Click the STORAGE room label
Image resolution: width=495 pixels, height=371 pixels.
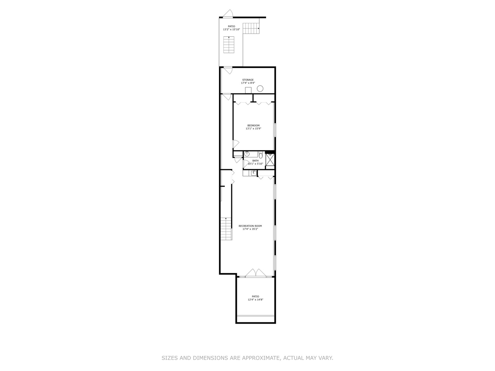pyautogui.click(x=248, y=80)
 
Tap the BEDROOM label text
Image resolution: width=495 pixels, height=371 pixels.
pyautogui.click(x=253, y=125)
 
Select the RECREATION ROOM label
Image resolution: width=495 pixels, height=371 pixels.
pyautogui.click(x=250, y=226)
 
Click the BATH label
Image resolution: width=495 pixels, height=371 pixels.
pyautogui.click(x=255, y=160)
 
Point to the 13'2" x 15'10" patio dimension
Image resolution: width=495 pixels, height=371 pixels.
pyautogui.click(x=231, y=30)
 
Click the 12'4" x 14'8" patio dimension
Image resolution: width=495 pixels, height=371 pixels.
pyautogui.click(x=255, y=300)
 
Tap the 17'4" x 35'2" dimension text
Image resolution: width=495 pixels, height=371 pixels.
pyautogui.click(x=250, y=229)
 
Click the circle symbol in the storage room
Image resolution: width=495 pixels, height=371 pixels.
pyautogui.click(x=260, y=89)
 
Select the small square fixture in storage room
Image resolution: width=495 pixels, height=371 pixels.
pyautogui.click(x=248, y=90)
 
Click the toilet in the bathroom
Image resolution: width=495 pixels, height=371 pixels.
pyautogui.click(x=261, y=156)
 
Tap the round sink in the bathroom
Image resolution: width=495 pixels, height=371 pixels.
pyautogui.click(x=247, y=154)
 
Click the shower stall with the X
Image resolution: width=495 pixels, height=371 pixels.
pyautogui.click(x=270, y=160)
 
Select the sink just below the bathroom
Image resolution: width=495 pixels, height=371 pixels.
pyautogui.click(x=253, y=173)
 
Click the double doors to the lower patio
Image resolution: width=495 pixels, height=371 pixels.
pyautogui.click(x=255, y=273)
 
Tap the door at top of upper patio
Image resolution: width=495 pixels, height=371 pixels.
pyautogui.click(x=228, y=14)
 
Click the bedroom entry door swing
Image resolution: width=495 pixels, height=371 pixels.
pyautogui.click(x=235, y=144)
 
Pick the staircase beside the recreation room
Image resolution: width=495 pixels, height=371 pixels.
pyautogui.click(x=225, y=229)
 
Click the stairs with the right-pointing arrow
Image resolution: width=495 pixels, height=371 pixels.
pyautogui.click(x=251, y=28)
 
